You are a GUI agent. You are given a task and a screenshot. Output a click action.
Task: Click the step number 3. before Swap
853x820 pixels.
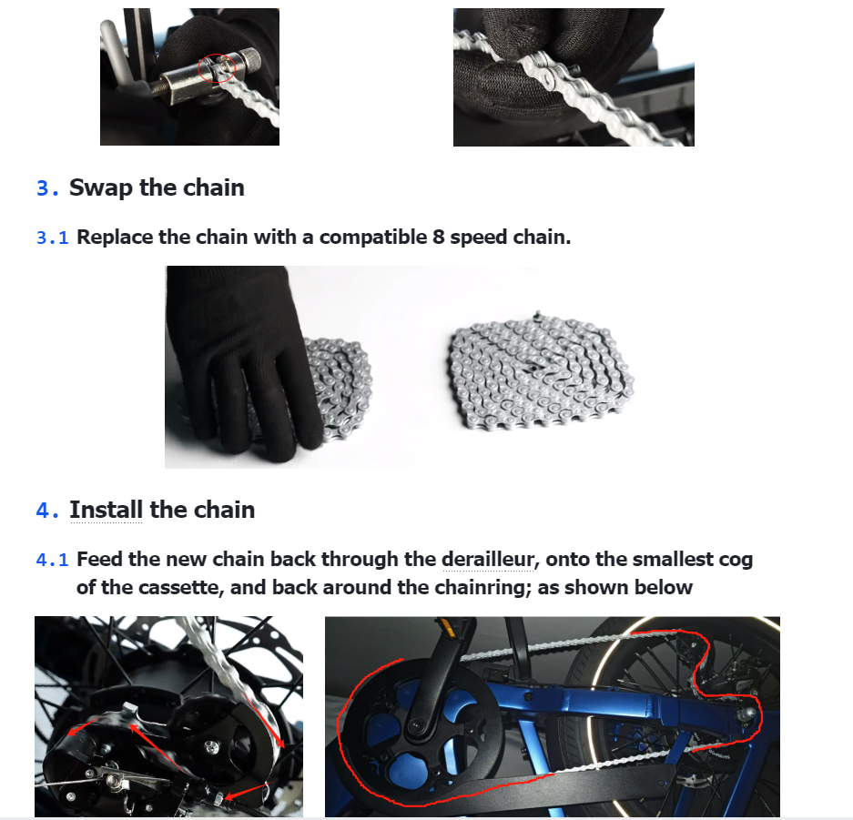46,188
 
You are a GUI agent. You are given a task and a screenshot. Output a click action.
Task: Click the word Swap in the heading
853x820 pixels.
101,188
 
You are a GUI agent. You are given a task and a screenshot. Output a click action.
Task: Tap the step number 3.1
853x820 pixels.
52,238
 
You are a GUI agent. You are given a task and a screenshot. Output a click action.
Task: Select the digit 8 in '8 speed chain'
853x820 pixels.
439,238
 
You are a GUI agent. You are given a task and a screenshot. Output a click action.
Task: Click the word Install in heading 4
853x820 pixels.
107,510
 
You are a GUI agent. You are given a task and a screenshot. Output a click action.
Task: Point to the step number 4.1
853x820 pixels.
52,560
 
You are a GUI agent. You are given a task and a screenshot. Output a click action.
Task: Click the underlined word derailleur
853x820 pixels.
487,560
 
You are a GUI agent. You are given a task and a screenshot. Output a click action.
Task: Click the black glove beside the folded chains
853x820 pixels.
242,361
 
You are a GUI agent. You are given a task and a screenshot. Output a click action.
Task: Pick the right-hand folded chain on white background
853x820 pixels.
542,370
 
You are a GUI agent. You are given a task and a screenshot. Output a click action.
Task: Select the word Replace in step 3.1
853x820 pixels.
115,238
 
